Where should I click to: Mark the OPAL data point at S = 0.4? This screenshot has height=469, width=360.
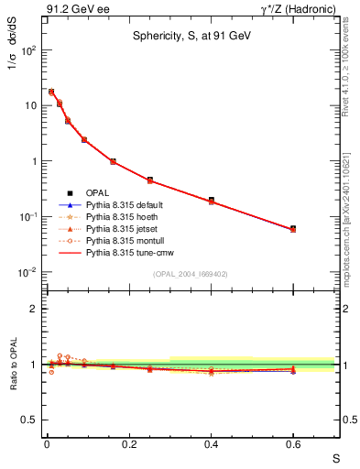212,200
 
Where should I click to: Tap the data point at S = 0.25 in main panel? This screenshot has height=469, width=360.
150,180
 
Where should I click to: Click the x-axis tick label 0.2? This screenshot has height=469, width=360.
129,445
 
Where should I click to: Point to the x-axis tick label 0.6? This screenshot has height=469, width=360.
293,445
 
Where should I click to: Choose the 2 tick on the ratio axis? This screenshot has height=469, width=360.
33,309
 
